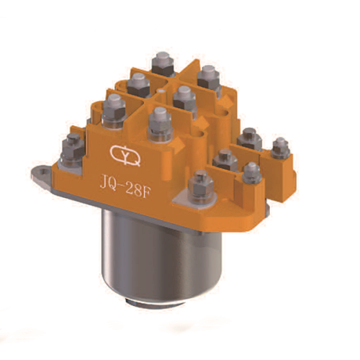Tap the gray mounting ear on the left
(x=45, y=171)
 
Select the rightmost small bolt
(x=280, y=147)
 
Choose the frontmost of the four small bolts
(x=251, y=171)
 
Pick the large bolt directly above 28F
(x=159, y=118)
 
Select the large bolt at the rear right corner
(x=207, y=75)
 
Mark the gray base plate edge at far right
(x=266, y=209)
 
